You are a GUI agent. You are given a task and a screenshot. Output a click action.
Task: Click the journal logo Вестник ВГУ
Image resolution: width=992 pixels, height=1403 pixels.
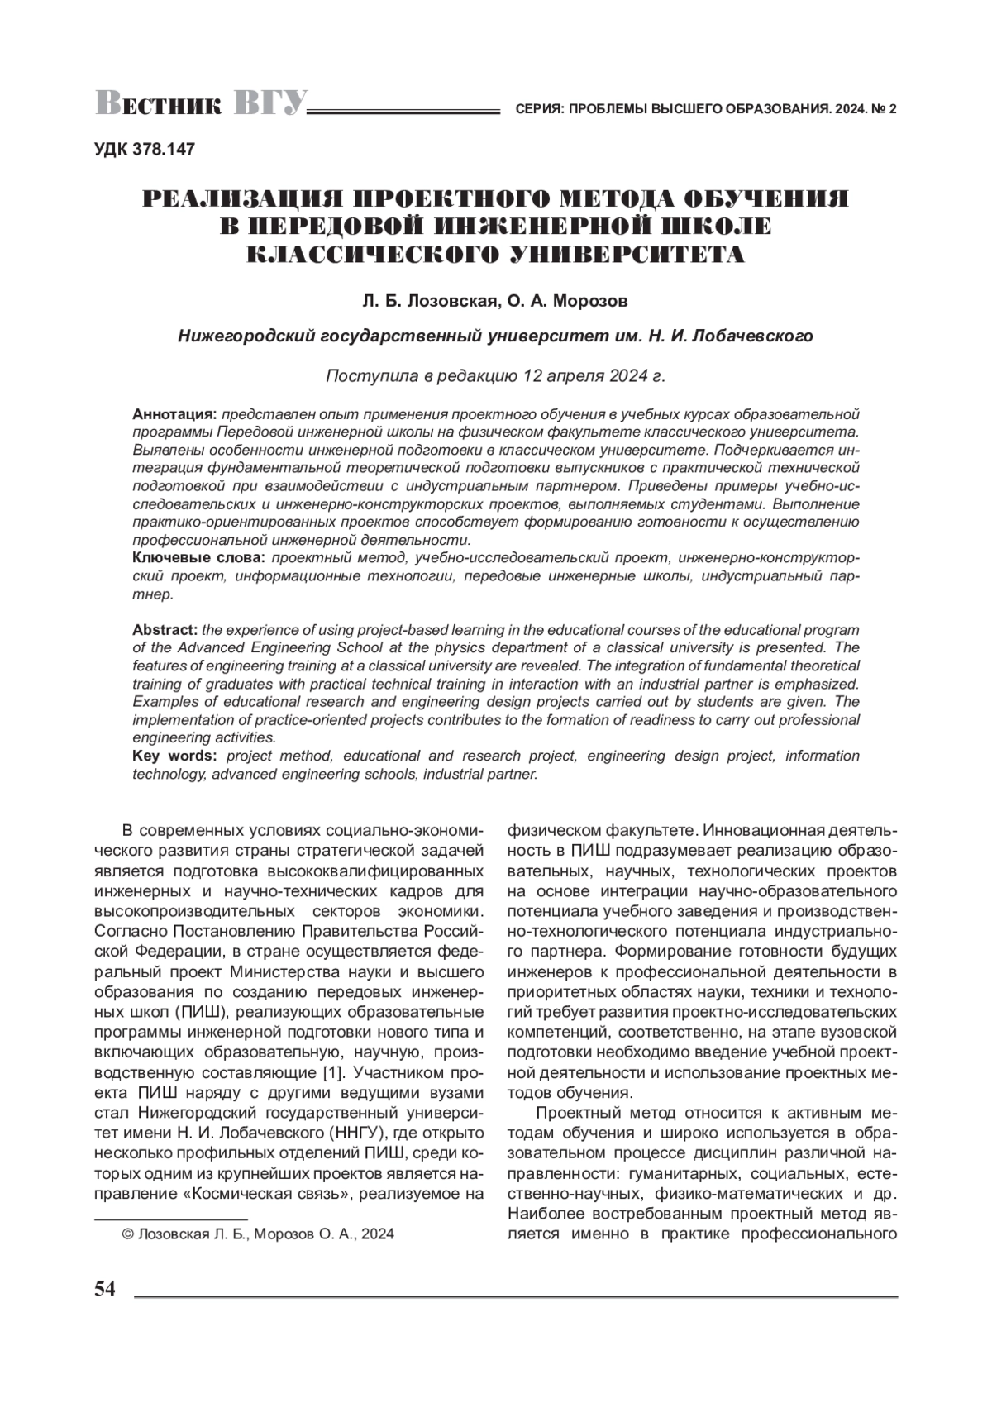point(202,104)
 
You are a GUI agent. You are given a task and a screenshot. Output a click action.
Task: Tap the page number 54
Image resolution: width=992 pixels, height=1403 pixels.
point(105,1289)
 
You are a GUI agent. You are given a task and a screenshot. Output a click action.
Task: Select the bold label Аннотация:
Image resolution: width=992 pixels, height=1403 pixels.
point(174,413)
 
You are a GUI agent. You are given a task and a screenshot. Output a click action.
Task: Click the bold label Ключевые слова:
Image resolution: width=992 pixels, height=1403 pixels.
point(199,558)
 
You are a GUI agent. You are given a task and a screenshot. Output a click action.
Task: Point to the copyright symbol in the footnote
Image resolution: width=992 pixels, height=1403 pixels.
point(127,1234)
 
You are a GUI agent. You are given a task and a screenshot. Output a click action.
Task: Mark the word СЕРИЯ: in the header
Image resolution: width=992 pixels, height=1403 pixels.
point(538,109)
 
